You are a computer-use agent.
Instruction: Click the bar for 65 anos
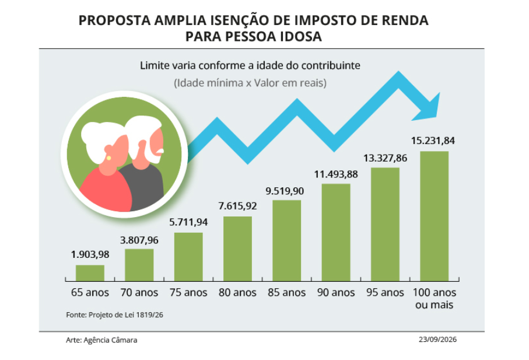[90, 273]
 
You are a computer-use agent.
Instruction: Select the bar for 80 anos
[237, 249]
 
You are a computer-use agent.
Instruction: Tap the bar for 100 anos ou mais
[434, 216]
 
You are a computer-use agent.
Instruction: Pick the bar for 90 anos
[336, 232]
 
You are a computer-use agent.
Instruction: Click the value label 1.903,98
[90, 254]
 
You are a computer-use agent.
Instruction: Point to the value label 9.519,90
[285, 191]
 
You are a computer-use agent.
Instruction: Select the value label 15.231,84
[433, 141]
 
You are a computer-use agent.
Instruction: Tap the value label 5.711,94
[188, 222]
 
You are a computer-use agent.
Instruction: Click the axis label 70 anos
[139, 292]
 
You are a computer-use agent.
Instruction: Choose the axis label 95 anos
[385, 292]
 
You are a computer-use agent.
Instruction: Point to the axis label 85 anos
[287, 292]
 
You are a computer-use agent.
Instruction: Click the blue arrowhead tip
[440, 93]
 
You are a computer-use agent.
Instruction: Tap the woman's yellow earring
[108, 158]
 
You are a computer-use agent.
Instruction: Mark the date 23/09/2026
[437, 340]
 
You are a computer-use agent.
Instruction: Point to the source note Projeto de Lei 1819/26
[126, 315]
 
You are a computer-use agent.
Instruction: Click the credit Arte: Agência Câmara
[101, 340]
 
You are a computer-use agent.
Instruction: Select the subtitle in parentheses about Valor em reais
[250, 83]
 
